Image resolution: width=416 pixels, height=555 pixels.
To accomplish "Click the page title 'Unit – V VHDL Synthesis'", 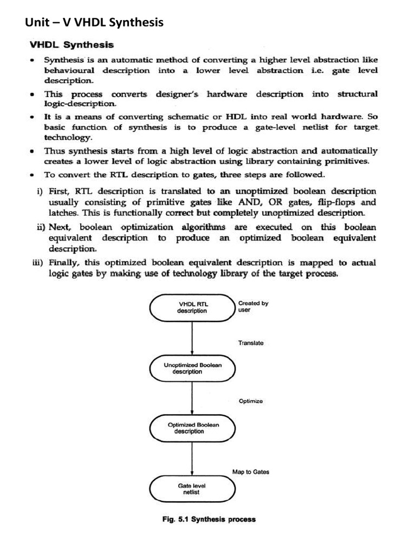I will (x=94, y=22).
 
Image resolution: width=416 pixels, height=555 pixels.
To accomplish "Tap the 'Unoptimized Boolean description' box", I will (x=192, y=369).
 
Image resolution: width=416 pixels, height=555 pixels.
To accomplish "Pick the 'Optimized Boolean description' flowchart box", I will (x=192, y=428).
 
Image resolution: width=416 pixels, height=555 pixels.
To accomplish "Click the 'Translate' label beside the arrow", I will (x=251, y=343).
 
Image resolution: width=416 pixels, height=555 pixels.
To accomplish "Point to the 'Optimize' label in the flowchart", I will (x=250, y=402).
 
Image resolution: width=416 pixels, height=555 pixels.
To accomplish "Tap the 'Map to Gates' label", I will (x=251, y=472).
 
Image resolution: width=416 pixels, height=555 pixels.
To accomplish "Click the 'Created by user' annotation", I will (x=253, y=307).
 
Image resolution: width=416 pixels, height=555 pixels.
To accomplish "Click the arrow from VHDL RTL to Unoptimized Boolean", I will (x=192, y=338).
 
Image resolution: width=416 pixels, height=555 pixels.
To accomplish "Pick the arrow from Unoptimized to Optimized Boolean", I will (x=192, y=398).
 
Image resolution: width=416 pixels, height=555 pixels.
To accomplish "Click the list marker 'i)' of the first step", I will (x=40, y=191).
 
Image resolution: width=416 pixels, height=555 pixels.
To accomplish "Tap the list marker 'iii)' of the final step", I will (x=37, y=263).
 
